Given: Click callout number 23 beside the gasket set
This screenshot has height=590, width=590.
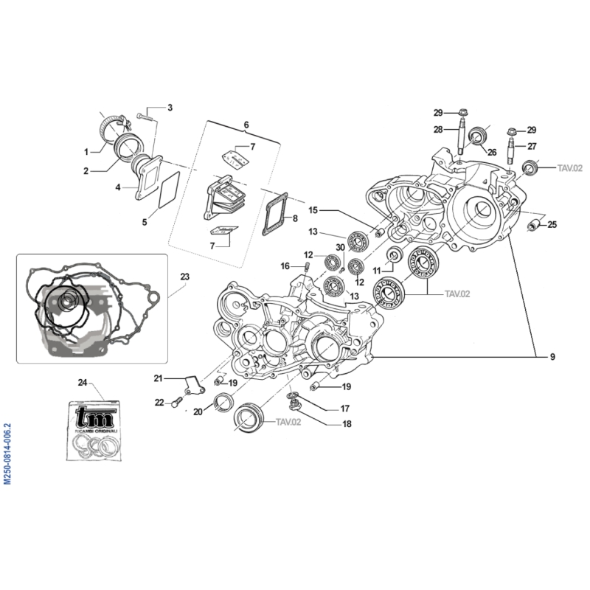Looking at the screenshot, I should (184, 277).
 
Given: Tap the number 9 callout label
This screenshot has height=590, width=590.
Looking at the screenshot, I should (552, 358).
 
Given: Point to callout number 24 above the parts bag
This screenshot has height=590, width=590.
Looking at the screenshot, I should (83, 381).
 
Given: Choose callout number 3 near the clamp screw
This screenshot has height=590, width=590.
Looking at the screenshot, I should (170, 108).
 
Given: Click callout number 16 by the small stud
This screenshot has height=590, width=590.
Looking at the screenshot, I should (285, 265).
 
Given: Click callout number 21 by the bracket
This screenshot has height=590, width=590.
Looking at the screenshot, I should (158, 378).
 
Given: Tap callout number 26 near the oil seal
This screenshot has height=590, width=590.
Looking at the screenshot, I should (491, 153).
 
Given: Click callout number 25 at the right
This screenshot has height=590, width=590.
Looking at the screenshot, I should (552, 224).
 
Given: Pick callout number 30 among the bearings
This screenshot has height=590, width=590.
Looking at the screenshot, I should (340, 247).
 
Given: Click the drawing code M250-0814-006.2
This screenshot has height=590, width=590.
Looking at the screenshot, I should (7, 453).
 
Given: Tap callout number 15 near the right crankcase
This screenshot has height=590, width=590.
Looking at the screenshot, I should (313, 209).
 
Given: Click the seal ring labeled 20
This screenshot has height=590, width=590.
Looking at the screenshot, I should (223, 402).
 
